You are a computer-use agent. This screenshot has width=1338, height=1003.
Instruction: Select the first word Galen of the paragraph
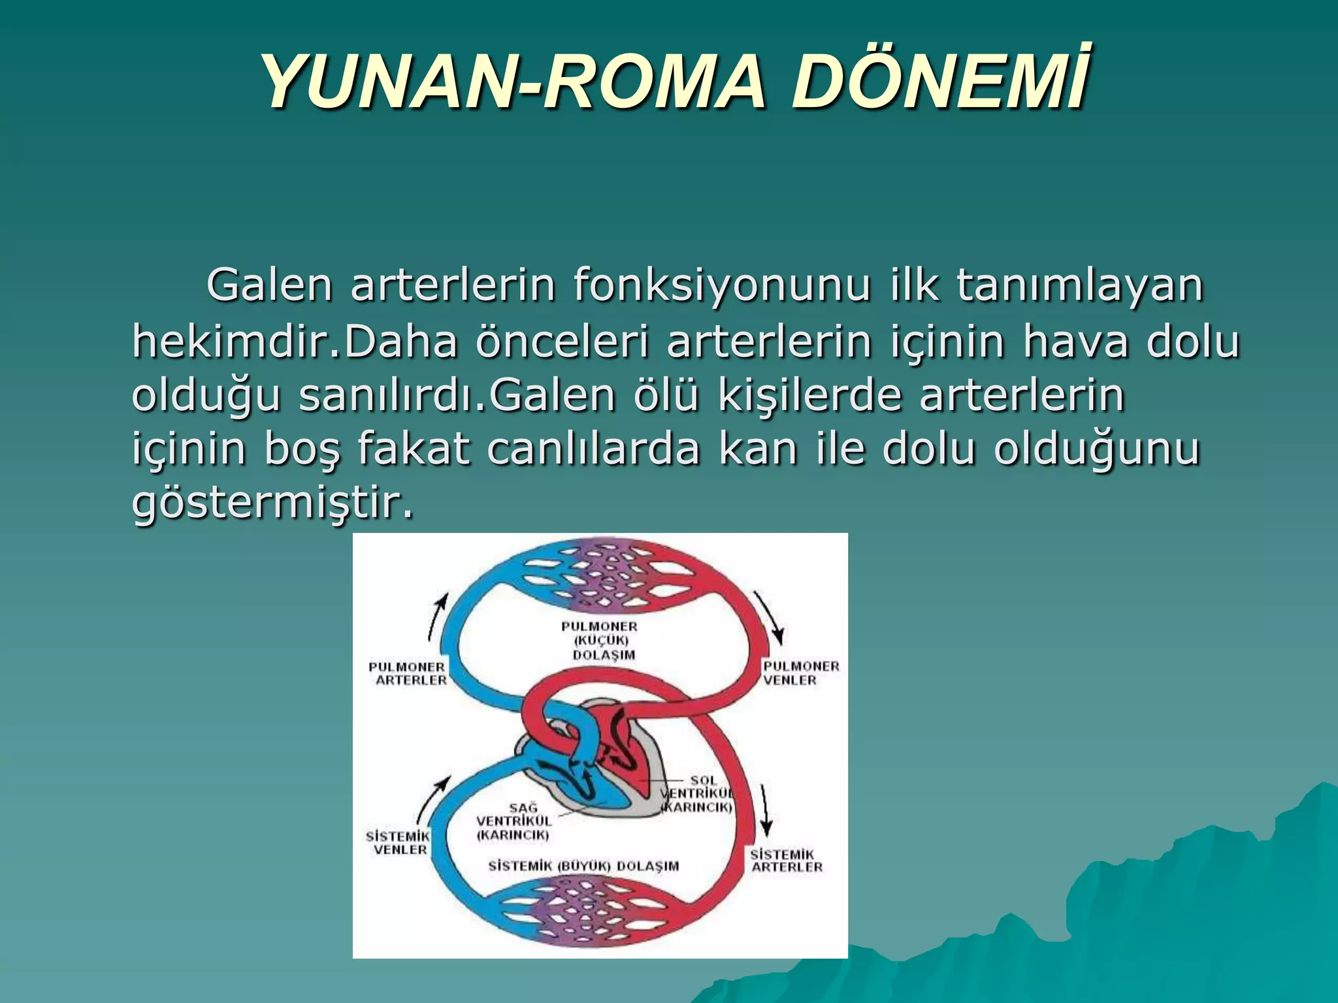pos(270,286)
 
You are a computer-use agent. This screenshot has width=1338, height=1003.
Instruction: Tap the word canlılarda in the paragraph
pos(593,450)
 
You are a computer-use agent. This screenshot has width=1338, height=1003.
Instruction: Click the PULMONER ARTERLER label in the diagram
pos(408,673)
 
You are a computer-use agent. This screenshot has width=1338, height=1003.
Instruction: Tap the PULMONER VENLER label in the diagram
pos(801,673)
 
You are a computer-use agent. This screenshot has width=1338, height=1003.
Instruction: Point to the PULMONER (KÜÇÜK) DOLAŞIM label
pos(600,641)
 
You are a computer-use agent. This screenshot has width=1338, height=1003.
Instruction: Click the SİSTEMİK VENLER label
pos(399,842)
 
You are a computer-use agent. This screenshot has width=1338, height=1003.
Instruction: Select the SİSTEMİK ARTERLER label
pos(786,860)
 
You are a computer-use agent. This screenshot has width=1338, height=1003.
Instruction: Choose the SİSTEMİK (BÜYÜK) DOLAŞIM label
pos(583,866)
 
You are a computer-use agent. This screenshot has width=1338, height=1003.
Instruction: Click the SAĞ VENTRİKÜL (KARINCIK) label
pos(514,821)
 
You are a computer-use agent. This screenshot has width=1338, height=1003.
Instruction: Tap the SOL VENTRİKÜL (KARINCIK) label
pos(699,793)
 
